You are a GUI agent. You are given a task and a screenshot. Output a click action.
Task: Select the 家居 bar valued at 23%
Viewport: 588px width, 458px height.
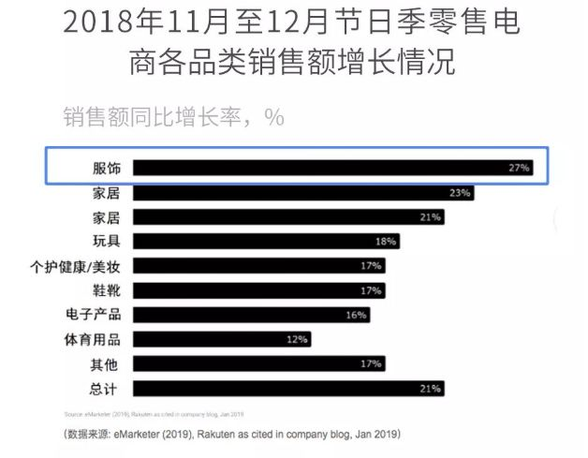pos(303,193)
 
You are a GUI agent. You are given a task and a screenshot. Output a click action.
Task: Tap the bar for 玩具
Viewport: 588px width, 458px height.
pos(266,242)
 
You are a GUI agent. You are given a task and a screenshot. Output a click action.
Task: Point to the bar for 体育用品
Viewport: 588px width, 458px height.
pos(221,339)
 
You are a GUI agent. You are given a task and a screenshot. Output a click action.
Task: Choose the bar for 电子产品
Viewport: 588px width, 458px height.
pos(251,315)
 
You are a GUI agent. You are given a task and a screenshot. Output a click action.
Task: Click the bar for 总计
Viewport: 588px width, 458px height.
pos(288,388)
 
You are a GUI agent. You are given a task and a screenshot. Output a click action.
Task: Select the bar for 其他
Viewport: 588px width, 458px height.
pos(258,363)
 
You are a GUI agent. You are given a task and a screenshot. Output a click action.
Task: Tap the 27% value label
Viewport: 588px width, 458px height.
pos(520,169)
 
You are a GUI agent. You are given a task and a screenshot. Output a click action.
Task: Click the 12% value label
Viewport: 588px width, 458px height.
pos(297,339)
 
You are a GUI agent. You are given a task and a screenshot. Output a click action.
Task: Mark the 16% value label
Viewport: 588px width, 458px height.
pos(356,315)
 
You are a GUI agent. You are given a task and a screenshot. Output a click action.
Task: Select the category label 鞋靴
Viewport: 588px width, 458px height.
pos(107,290)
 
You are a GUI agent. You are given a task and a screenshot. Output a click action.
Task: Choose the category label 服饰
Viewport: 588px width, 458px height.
pos(107,169)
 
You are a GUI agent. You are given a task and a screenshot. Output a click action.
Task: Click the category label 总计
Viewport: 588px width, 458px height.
pos(107,388)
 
